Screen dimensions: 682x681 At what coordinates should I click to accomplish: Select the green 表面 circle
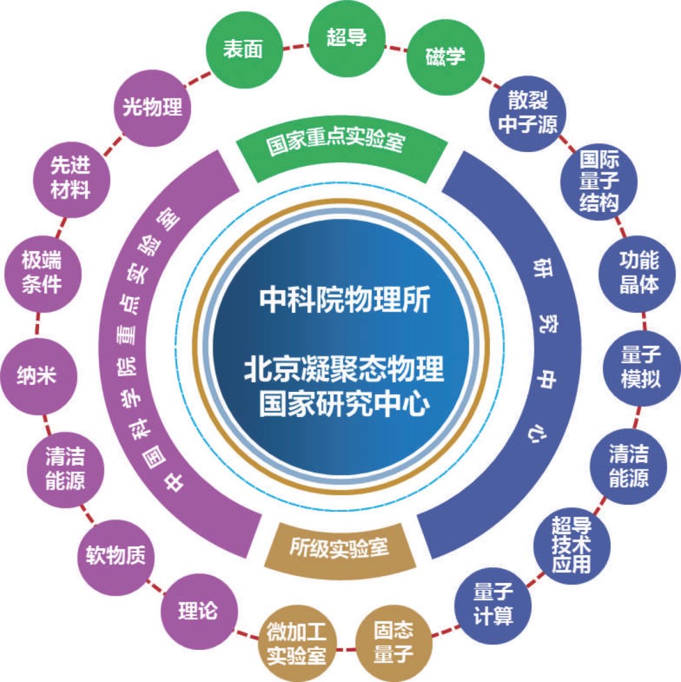coord(243,51)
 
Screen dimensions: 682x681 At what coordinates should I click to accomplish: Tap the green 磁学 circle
coord(445,57)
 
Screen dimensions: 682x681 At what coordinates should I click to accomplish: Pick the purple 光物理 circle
coord(152,107)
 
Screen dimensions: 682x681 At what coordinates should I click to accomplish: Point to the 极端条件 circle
coord(42,272)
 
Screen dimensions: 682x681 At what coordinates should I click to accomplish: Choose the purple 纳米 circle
coord(36,376)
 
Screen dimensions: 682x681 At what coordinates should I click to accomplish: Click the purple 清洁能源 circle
coord(66,470)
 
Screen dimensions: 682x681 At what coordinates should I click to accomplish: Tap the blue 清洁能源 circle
coord(628,467)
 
